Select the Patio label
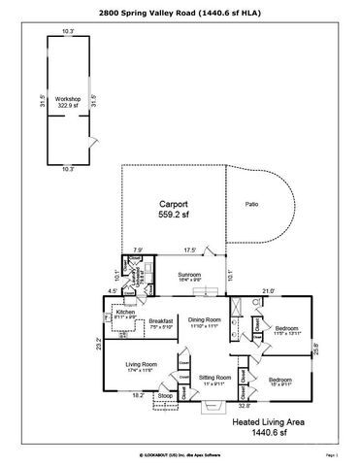pyautogui.click(x=252, y=205)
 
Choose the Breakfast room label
pyautogui.click(x=161, y=322)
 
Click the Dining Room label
pyautogui.click(x=206, y=321)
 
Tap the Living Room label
pyautogui.click(x=142, y=366)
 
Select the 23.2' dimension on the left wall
pyautogui.click(x=99, y=341)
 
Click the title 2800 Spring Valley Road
pyautogui.click(x=180, y=12)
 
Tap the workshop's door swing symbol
pyautogui.click(x=91, y=142)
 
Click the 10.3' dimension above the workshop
pyautogui.click(x=69, y=32)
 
